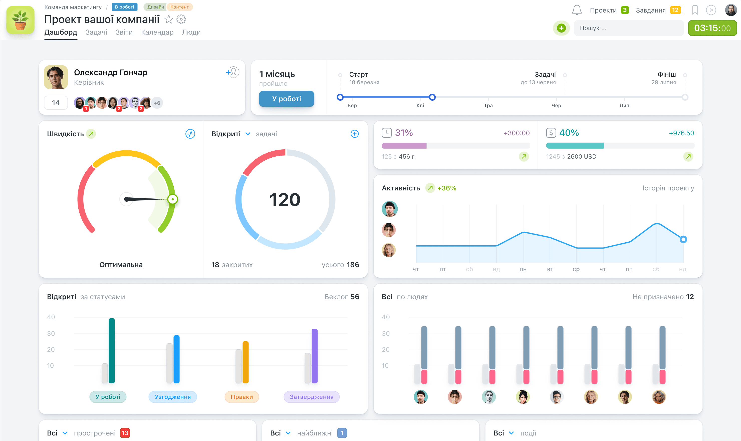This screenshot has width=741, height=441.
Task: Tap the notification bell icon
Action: tap(577, 10)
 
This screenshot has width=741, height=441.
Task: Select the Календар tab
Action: tap(157, 32)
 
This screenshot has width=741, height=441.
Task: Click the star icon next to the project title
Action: tap(169, 19)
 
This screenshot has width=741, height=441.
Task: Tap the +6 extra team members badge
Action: tap(157, 103)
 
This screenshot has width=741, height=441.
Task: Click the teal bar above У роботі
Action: tap(112, 351)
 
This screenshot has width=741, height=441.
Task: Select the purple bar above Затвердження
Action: tap(315, 356)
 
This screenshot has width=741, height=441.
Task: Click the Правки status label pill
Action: tap(241, 397)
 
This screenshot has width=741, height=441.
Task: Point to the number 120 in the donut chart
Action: tap(285, 199)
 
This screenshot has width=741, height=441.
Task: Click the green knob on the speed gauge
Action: tap(172, 199)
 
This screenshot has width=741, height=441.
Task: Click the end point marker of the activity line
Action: tap(683, 240)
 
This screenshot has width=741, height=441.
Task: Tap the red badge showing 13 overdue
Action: tap(125, 433)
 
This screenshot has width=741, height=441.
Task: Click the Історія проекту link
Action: tap(668, 188)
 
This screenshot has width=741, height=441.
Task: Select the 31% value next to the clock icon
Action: tap(404, 133)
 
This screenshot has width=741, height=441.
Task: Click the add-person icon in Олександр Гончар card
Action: tap(233, 72)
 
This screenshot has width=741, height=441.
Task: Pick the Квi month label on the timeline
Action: tap(420, 105)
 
